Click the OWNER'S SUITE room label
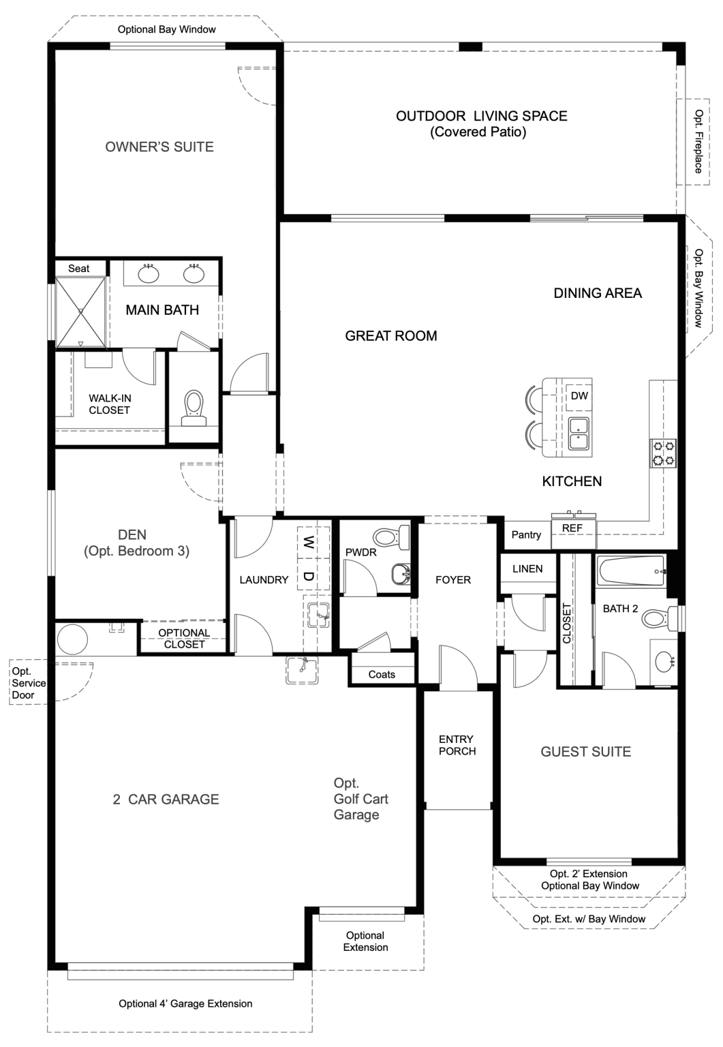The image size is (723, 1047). pos(159,147)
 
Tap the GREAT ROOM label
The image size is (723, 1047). pos(390,335)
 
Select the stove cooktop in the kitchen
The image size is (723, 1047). pos(663,454)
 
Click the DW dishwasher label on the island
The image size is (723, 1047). pos(579,396)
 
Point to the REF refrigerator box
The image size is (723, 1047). pos(572,529)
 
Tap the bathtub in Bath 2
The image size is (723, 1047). pos(630,571)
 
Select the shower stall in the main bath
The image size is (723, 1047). pos(80,312)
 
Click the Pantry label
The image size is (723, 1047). pos(526,535)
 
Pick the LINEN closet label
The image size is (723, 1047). pos(527,568)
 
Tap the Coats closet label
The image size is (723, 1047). pos(382,674)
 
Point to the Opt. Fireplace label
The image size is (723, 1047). pos(698,141)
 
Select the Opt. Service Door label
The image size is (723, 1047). pos(29,683)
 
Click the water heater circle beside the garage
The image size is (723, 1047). pos(72,639)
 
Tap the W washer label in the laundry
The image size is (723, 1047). pos(309,543)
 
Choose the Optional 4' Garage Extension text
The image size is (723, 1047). pos(185,1003)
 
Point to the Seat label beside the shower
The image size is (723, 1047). pos(78,269)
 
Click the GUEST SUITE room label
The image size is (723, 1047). pos(585,752)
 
